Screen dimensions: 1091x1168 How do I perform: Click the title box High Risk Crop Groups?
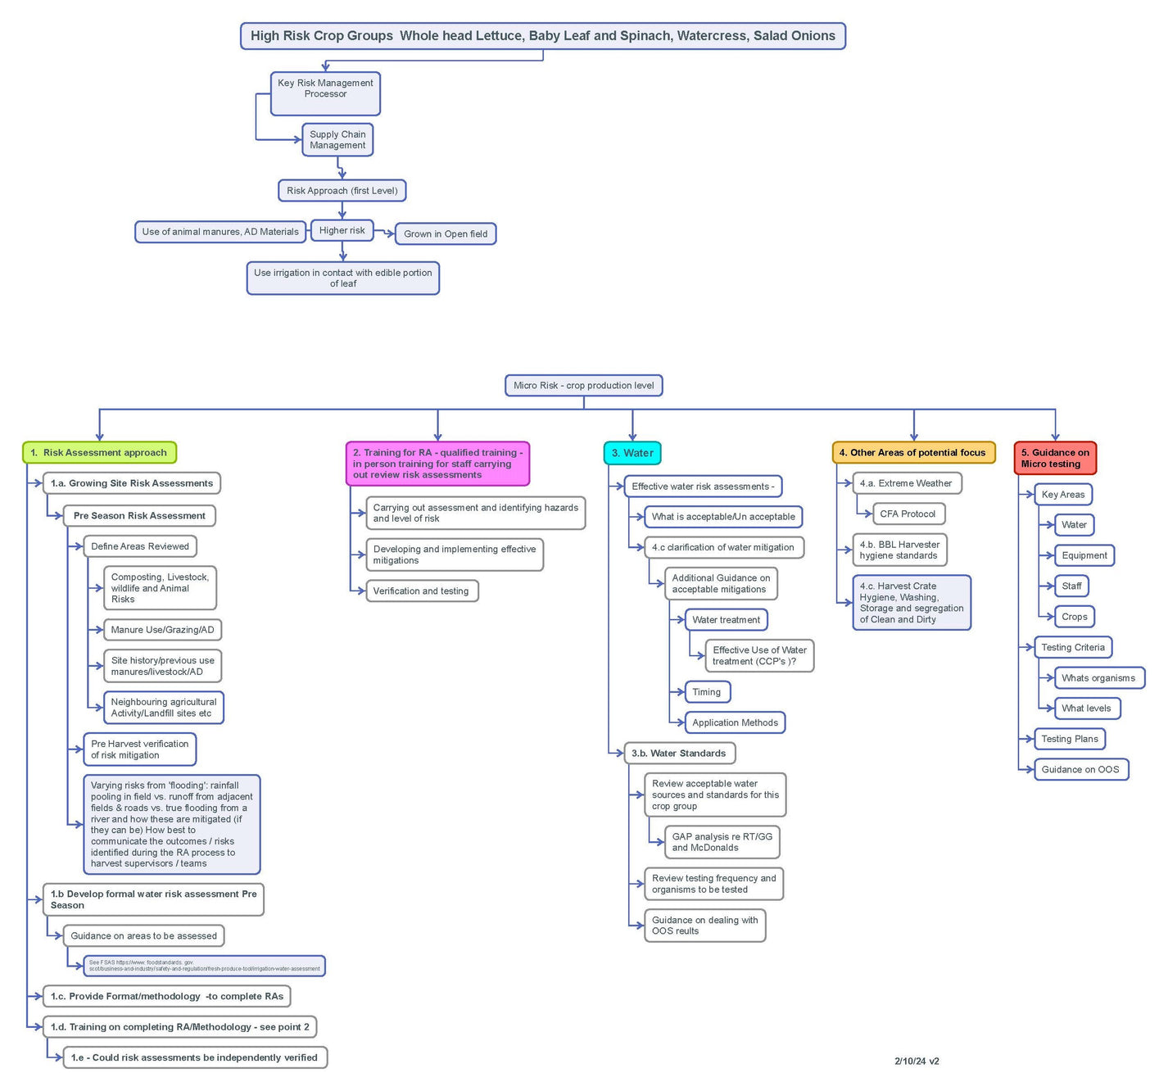click(542, 36)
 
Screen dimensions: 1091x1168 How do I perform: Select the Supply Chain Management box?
click(337, 140)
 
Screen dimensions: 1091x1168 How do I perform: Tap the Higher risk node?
click(342, 231)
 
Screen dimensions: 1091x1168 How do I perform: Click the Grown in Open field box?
click(446, 234)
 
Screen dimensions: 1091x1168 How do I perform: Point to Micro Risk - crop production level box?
click(583, 386)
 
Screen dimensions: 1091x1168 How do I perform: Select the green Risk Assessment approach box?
click(99, 453)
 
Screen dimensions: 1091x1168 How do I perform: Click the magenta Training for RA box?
click(437, 464)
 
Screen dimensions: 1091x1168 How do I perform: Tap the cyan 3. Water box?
click(632, 453)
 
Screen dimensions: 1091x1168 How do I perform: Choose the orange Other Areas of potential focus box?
click(913, 453)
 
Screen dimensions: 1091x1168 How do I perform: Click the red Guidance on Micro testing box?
click(1055, 459)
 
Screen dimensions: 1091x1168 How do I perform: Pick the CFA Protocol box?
click(908, 514)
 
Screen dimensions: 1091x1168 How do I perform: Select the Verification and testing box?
click(422, 591)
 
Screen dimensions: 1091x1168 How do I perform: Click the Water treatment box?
click(727, 620)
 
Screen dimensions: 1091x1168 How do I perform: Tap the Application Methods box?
click(735, 723)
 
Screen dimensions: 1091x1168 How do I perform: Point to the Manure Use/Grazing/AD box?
click(162, 630)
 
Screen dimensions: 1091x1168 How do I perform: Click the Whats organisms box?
click(1098, 678)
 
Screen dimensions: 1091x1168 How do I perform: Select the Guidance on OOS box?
click(1080, 770)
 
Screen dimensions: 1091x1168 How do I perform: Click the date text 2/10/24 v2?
click(917, 1062)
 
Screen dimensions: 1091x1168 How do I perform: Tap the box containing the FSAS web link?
click(204, 966)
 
